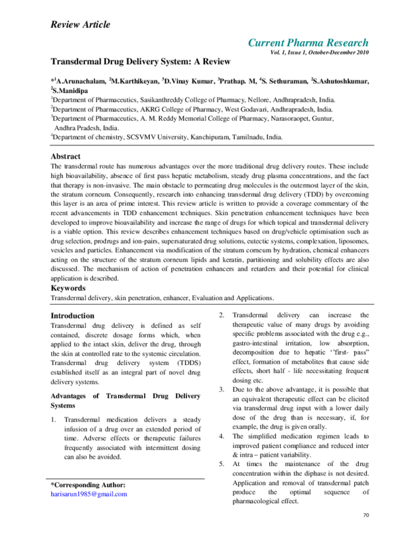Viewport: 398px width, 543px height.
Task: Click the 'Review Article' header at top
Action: click(80, 25)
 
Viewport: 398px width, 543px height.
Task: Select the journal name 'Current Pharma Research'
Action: click(308, 43)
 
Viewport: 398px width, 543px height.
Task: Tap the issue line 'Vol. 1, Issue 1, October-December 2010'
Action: click(319, 52)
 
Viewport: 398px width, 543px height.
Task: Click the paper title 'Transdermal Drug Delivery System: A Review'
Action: click(141, 61)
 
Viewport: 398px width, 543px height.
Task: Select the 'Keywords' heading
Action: click(68, 289)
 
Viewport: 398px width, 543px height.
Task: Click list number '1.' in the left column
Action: click(54, 420)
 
